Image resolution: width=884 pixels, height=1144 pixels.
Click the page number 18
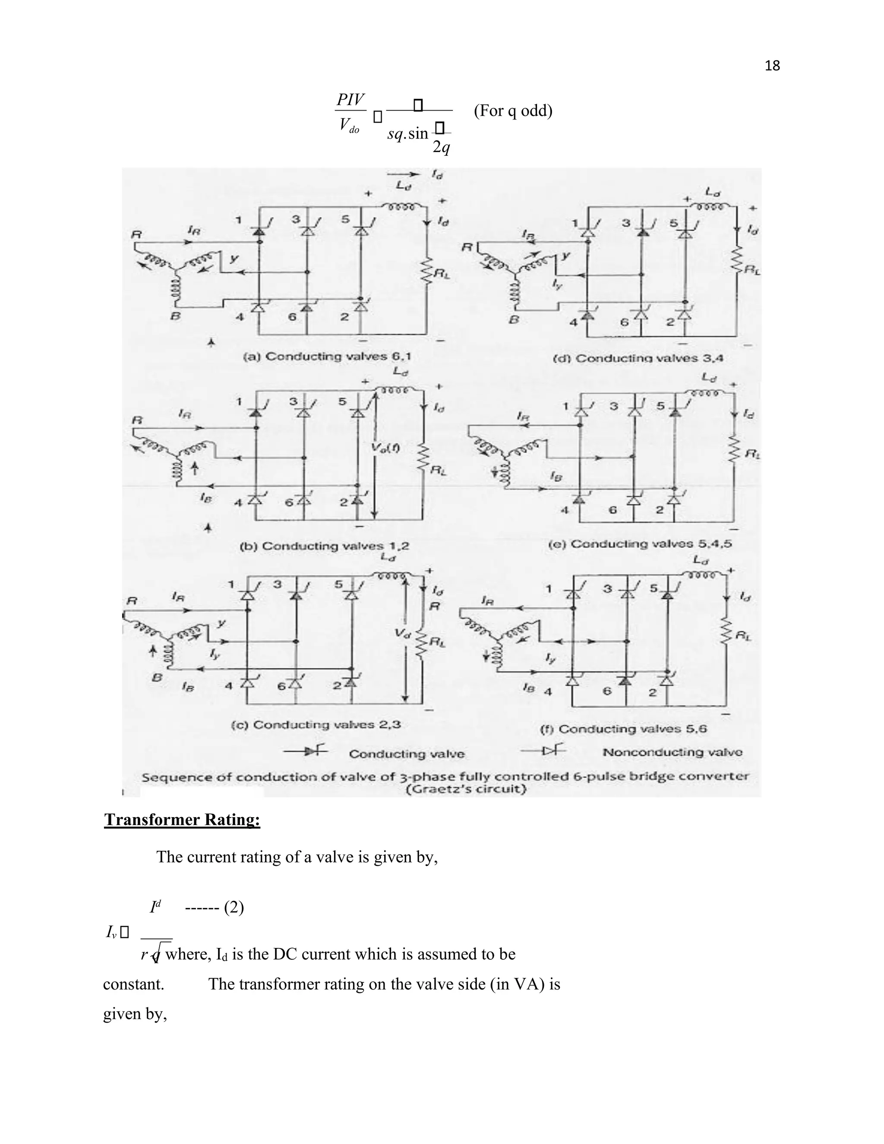click(772, 66)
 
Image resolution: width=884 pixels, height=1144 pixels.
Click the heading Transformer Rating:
click(182, 819)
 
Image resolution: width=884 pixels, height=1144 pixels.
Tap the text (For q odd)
click(513, 111)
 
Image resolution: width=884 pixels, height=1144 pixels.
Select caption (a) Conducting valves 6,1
click(327, 357)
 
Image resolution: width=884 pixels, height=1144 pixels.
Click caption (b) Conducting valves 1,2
click(324, 546)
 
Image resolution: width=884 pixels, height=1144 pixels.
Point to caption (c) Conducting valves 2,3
click(316, 725)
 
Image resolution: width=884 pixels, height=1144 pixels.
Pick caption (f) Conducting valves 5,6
click(623, 729)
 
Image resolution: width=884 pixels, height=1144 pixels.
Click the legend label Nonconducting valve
click(672, 752)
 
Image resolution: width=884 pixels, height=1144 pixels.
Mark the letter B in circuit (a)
click(177, 317)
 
